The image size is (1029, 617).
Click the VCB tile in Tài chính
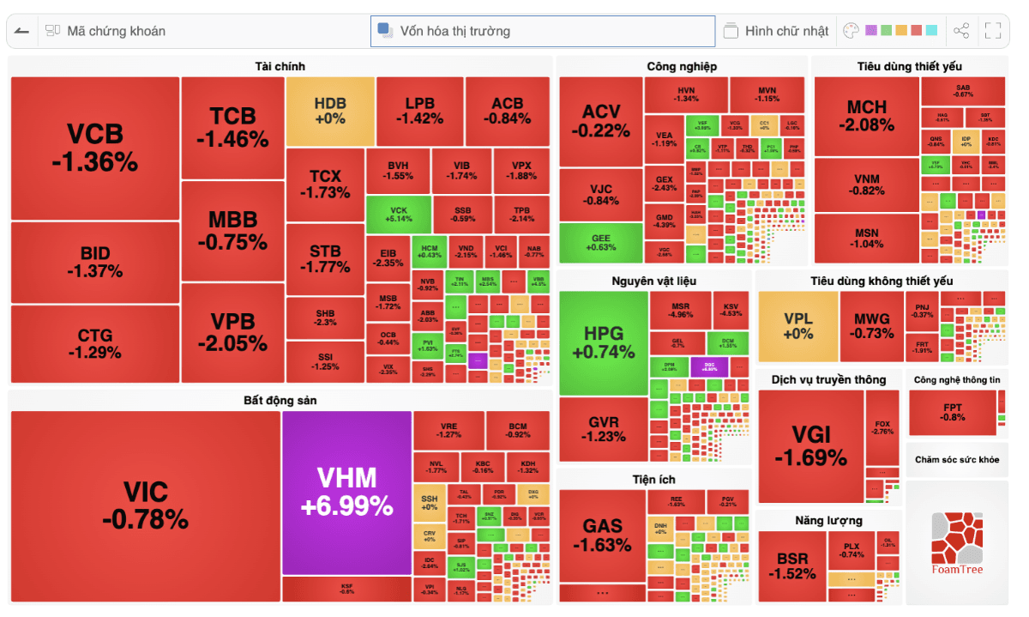coord(94,148)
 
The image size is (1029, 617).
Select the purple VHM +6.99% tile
coord(346,492)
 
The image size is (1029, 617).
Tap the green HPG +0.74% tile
coord(604,342)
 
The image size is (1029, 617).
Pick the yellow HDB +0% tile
coord(330,112)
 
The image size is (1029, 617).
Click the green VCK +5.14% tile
coord(398,215)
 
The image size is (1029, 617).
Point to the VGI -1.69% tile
coord(810,446)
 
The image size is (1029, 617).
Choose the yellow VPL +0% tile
coord(797,326)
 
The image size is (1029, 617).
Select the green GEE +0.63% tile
coord(600,243)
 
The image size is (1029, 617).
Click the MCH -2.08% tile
coord(866,116)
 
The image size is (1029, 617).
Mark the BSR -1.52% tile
coord(791,566)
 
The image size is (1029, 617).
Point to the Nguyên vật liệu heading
coord(653,281)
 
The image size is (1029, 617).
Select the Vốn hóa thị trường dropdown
coord(542,31)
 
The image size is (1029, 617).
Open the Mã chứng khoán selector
coord(116,31)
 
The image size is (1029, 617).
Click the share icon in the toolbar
coord(961,31)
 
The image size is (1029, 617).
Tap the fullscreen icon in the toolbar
coord(993,31)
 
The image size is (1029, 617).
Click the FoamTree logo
coord(957,542)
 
